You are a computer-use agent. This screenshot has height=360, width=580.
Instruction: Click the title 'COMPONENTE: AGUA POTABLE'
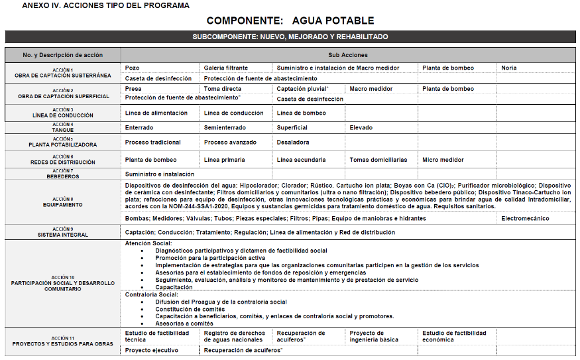click(x=290, y=21)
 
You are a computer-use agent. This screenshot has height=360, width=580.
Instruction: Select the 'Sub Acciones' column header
click(x=348, y=54)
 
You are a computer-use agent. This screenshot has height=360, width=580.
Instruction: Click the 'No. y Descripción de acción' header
click(x=63, y=54)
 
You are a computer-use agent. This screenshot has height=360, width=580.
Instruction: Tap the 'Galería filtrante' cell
click(x=226, y=68)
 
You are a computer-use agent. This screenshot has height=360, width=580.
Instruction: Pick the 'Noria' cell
click(x=509, y=68)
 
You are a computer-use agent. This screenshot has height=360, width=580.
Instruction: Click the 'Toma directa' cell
click(x=223, y=88)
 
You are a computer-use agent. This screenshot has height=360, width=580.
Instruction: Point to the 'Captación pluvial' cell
click(x=302, y=88)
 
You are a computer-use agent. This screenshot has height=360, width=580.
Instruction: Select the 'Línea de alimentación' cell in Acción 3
click(x=156, y=113)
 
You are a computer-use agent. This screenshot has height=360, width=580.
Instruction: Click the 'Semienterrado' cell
click(x=225, y=127)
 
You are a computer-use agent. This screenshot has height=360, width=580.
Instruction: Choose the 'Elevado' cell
click(x=361, y=127)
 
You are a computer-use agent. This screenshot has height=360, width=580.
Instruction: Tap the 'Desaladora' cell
click(x=293, y=142)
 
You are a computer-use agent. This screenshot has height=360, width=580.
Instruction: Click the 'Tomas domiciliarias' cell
click(x=378, y=160)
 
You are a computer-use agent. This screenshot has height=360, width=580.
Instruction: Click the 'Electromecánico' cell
click(x=525, y=218)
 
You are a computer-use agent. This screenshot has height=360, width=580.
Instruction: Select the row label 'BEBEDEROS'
click(x=63, y=177)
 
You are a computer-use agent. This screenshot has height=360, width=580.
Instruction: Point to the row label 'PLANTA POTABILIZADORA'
click(x=63, y=145)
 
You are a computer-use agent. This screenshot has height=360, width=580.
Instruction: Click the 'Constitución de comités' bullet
click(x=190, y=309)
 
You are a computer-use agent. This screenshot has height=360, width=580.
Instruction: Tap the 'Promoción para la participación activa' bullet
click(x=210, y=258)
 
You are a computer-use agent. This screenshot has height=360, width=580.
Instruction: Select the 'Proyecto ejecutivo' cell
click(x=152, y=349)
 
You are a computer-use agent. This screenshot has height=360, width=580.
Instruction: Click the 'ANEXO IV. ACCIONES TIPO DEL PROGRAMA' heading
click(x=105, y=5)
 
